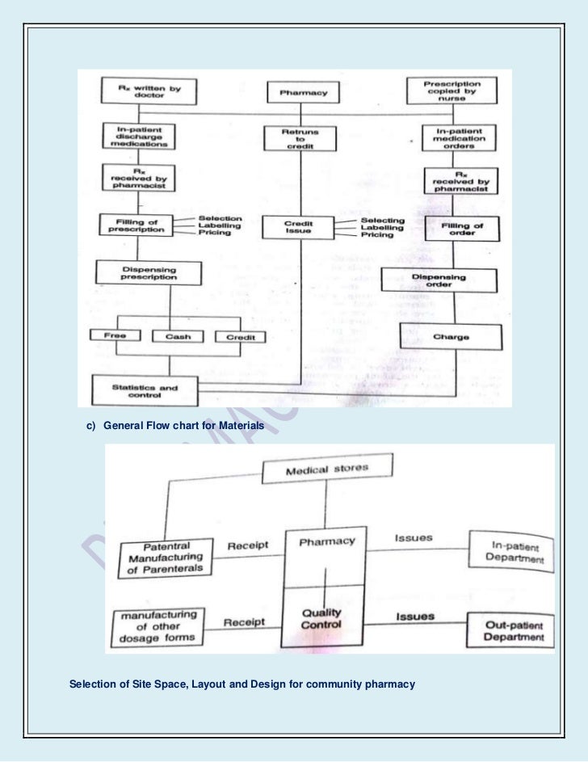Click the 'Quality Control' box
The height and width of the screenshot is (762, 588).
click(323, 618)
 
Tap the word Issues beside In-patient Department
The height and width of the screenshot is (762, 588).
click(414, 537)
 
